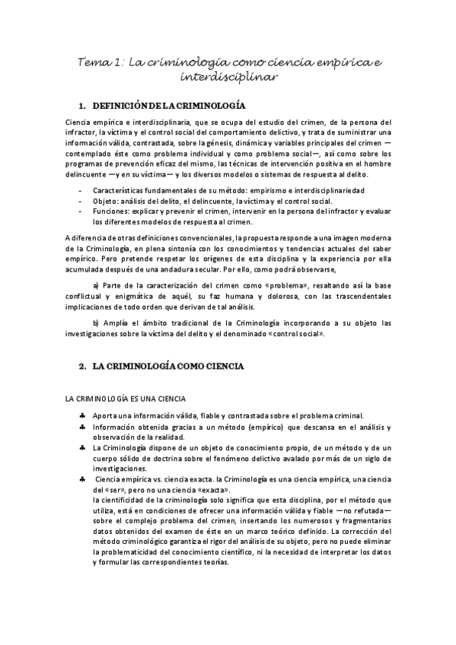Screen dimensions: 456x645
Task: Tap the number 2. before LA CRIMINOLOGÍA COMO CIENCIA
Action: coord(83,366)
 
